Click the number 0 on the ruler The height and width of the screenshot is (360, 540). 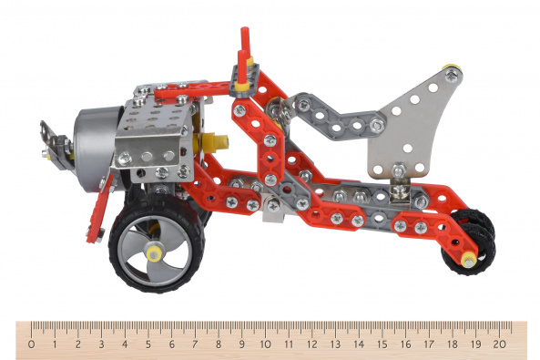point(31,345)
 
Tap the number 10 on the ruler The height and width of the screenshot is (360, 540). point(265,345)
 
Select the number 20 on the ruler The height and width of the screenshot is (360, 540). point(499,345)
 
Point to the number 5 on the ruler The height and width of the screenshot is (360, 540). point(148,345)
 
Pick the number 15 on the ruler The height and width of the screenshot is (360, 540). point(382,345)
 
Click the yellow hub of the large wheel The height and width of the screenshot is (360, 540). point(154,254)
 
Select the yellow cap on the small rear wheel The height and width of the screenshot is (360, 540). point(468,260)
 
